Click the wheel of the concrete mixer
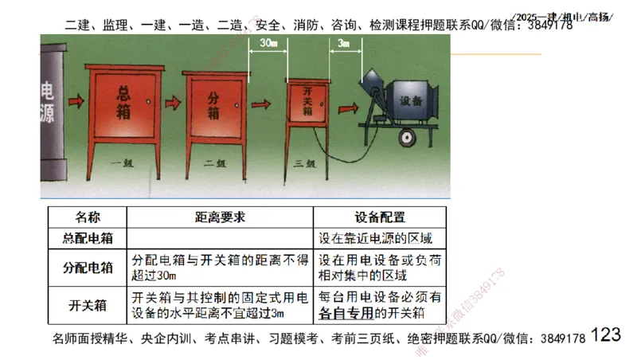tap(409, 138)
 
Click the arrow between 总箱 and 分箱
tap(168, 103)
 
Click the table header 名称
tap(87, 217)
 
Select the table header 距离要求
tap(220, 217)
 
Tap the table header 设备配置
tap(380, 217)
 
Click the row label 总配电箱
tap(87, 237)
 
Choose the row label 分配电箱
tap(87, 267)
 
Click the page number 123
tap(606, 335)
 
